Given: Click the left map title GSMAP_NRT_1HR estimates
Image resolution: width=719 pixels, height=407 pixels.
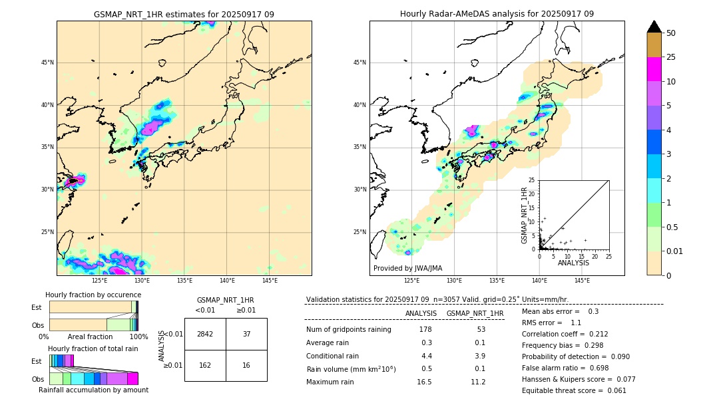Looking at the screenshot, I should [184, 14].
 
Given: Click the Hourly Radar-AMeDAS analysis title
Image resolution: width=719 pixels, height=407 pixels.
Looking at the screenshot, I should [497, 14].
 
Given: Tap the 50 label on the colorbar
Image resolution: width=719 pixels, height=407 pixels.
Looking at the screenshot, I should [671, 33].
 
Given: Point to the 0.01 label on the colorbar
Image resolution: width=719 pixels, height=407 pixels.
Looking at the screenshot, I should [675, 251].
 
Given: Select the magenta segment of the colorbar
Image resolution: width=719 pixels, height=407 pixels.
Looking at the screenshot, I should [654, 69].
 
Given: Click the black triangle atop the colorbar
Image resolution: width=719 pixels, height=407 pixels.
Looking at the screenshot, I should [654, 27].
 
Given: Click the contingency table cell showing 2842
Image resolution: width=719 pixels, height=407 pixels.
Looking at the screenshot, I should [205, 334].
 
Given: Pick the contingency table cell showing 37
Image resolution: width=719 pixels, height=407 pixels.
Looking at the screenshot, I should [246, 334].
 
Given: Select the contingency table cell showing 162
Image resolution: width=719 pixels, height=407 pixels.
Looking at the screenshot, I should [205, 365].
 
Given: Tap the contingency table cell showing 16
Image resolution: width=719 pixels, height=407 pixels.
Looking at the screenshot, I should [246, 365].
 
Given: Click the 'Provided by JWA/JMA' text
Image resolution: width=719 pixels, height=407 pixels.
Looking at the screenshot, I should [407, 268].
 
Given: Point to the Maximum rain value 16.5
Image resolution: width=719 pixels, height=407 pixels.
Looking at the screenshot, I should [424, 382].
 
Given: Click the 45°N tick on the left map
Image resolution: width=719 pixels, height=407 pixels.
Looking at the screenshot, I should [47, 63].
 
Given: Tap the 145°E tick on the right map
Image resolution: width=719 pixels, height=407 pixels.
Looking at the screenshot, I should [582, 281].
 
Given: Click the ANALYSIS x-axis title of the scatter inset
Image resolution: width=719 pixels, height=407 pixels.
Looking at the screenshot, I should [573, 263].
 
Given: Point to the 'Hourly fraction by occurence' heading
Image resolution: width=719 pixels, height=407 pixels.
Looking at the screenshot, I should [93, 295].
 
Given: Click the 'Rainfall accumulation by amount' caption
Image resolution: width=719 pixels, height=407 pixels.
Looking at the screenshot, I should [93, 390].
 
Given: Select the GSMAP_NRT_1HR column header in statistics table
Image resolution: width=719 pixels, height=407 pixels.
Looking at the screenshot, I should [475, 313].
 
